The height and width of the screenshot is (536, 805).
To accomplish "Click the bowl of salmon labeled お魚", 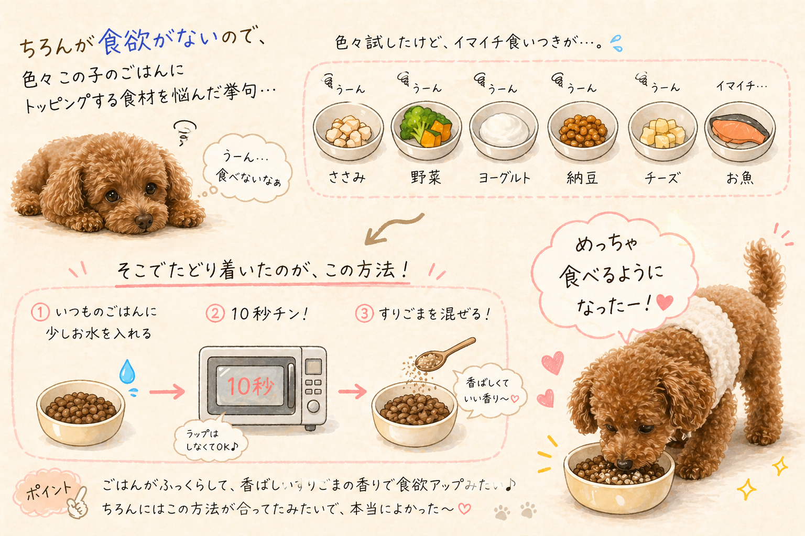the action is (x=740, y=132).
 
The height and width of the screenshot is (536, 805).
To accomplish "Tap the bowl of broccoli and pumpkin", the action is (x=426, y=131).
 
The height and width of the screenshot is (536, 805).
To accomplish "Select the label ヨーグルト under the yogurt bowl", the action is (x=505, y=177).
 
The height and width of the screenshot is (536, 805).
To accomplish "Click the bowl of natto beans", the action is (x=583, y=131).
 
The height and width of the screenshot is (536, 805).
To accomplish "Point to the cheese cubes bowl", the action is (x=662, y=131).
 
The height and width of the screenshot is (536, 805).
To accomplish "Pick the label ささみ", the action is (x=347, y=177).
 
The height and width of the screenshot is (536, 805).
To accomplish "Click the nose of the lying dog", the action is (x=144, y=220).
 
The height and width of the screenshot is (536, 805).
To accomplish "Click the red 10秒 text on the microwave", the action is (x=250, y=386).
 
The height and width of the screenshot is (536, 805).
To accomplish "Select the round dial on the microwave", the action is (x=313, y=406).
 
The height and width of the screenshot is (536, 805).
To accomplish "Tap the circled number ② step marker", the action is (x=215, y=313).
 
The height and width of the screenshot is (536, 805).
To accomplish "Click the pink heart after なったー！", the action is (x=665, y=302).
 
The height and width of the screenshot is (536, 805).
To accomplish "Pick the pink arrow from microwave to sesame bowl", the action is (x=352, y=391).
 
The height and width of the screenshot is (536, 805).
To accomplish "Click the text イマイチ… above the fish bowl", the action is (x=742, y=86).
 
